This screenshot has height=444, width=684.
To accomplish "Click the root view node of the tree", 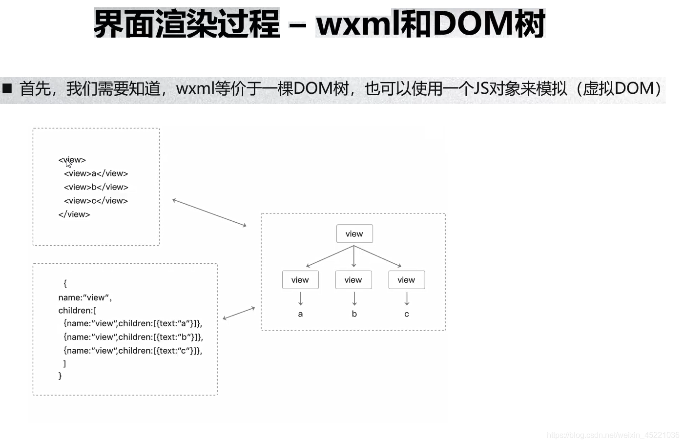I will click(x=354, y=234).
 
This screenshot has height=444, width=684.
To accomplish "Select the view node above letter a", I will click(x=300, y=280).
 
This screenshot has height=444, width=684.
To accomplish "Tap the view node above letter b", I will click(x=353, y=280).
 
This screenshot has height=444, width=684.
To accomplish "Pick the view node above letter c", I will click(x=406, y=280).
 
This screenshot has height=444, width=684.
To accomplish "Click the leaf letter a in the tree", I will click(x=300, y=314).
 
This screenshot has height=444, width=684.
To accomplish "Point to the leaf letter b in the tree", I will click(x=354, y=314).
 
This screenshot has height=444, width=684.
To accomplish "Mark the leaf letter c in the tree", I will click(x=407, y=314).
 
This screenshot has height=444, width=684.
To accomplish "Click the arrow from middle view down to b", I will click(x=354, y=298).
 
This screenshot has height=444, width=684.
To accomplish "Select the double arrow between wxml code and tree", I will click(x=209, y=212).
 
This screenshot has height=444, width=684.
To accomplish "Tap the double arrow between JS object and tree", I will click(x=239, y=313).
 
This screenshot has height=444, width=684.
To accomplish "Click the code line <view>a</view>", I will click(x=96, y=173).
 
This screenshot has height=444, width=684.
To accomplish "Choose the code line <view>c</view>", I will click(x=96, y=201).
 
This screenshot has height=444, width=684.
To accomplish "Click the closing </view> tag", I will click(x=74, y=214).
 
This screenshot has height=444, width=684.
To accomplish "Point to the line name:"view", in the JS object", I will click(x=85, y=297).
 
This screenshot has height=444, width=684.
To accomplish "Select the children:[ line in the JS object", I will click(x=77, y=311).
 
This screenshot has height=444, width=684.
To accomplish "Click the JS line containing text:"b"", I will click(x=133, y=337).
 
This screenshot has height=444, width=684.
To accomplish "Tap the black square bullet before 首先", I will click(x=7, y=88).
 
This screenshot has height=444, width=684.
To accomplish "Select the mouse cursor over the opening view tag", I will click(x=68, y=163).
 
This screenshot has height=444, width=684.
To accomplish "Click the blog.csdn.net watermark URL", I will click(x=613, y=435).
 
